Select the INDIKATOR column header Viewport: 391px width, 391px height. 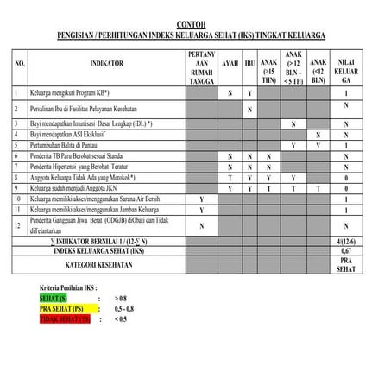coord(106,64)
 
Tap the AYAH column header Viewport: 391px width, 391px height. coord(230,64)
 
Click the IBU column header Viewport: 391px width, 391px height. coord(249,64)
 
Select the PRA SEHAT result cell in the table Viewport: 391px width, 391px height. coord(346,264)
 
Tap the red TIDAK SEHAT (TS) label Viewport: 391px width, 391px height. coord(66,318)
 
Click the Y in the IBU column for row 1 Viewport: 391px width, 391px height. coord(249,92)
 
